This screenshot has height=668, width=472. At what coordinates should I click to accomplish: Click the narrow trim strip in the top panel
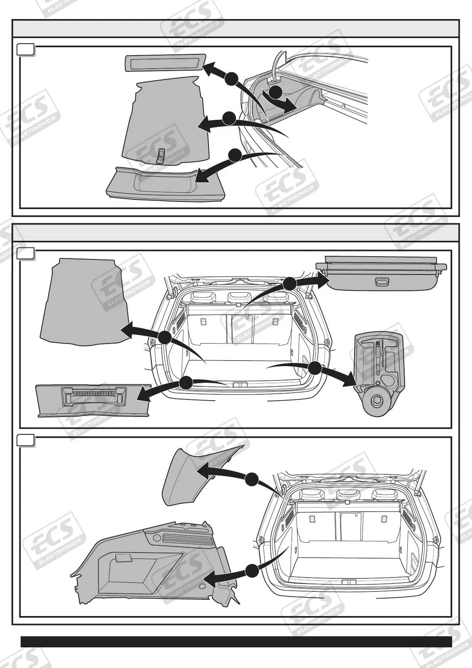pyautogui.click(x=165, y=63)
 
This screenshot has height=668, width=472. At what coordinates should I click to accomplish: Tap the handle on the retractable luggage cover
pyautogui.click(x=383, y=282)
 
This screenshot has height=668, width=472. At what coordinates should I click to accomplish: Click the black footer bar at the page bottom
pyautogui.click(x=236, y=641)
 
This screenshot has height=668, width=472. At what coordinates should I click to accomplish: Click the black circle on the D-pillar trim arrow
pyautogui.click(x=251, y=479)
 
